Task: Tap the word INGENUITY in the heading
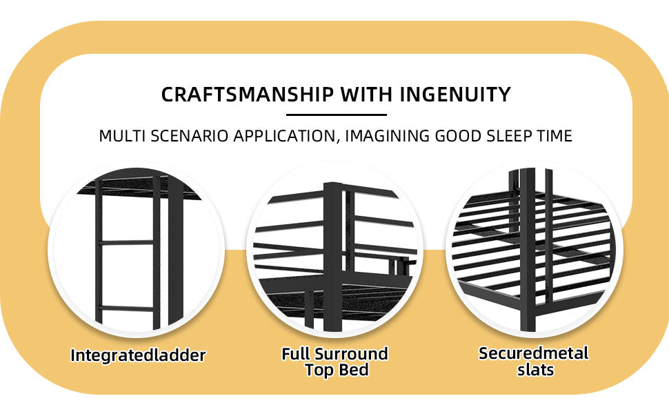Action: click(455, 95)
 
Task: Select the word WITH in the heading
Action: click(367, 95)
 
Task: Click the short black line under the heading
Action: click(337, 115)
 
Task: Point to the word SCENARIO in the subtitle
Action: click(190, 136)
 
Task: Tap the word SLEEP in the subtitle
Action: click(508, 136)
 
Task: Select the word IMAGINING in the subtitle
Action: click(388, 136)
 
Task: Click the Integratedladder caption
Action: click(138, 355)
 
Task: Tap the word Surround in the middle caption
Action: click(352, 354)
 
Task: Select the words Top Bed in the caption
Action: click(337, 370)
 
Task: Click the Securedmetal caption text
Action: click(534, 353)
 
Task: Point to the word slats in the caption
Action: click(535, 370)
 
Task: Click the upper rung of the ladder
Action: click(127, 242)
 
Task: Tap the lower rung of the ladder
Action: click(127, 308)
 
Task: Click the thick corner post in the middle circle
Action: click(333, 256)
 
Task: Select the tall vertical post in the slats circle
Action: click(528, 250)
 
